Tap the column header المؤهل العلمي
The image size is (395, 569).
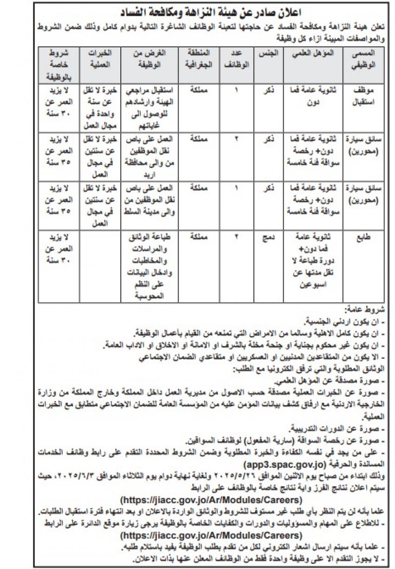coord(309,54)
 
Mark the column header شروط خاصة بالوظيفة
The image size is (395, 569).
coord(58,64)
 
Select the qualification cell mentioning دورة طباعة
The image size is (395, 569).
coord(309,262)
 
